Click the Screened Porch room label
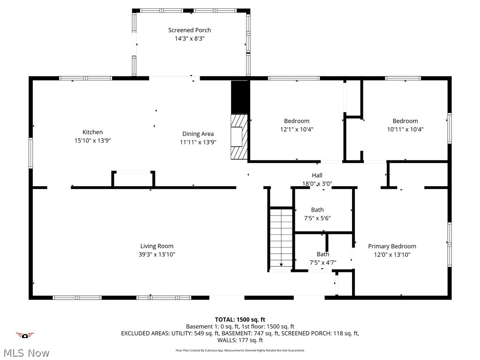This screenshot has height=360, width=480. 190,30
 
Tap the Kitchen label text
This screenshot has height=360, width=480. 92,132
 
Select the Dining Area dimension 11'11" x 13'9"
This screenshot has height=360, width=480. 198,142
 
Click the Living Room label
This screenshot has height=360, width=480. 157,246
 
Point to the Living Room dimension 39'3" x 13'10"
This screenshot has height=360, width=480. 157,255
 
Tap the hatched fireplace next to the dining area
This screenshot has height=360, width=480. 239,137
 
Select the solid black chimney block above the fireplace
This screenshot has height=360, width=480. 239,97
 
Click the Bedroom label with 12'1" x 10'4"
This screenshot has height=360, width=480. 297,121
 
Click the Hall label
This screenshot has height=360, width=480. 317,176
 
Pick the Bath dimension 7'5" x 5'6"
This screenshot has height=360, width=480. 317,218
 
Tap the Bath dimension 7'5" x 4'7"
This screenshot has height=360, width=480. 322,263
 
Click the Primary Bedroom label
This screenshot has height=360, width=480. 392,246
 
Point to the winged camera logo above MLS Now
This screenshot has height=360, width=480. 25,335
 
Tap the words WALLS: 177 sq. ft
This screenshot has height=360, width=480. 240,340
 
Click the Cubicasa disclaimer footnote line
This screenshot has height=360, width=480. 240,350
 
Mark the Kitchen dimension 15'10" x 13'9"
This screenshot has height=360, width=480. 92,141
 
